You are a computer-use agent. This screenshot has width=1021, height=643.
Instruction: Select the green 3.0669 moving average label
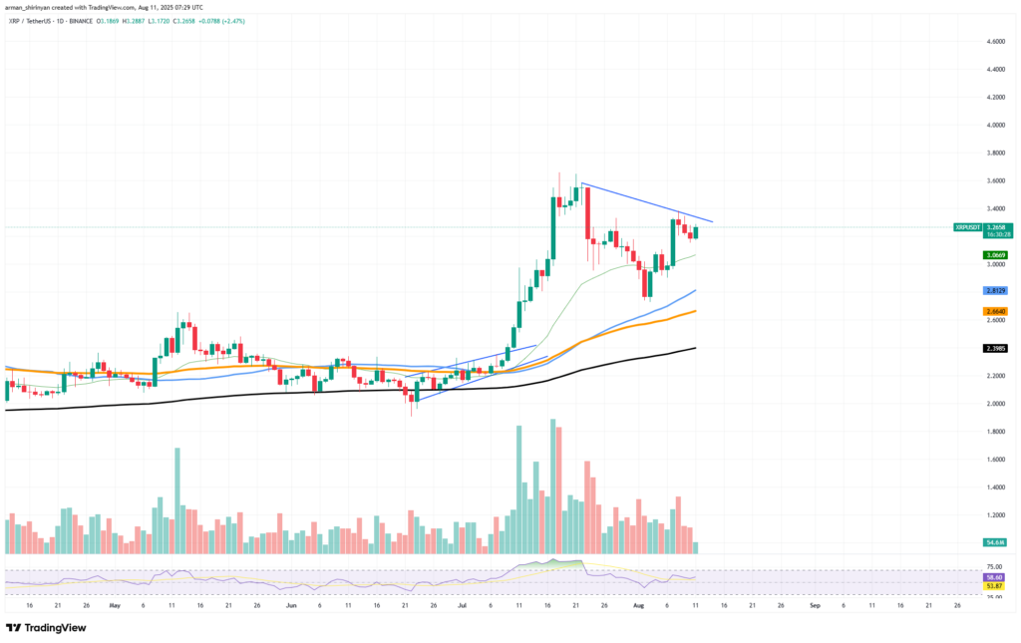(x=994, y=255)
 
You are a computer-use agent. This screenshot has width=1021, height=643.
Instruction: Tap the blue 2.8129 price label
(x=994, y=289)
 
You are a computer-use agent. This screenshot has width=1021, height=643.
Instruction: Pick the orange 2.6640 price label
(x=994, y=311)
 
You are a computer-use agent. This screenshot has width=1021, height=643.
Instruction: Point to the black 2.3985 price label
(x=994, y=348)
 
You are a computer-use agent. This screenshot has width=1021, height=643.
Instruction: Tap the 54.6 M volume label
(x=994, y=541)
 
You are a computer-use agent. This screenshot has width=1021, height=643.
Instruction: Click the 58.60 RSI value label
(x=994, y=577)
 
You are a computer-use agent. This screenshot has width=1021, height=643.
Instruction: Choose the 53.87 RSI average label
(x=994, y=586)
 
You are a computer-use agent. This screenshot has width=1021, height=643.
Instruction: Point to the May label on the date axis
(x=115, y=605)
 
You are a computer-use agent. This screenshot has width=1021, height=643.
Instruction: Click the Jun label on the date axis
(x=291, y=605)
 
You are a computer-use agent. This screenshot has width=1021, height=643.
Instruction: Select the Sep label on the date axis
(x=815, y=605)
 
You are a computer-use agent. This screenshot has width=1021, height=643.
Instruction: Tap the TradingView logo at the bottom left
(x=46, y=628)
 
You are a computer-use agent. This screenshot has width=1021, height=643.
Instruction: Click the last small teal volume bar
(x=695, y=548)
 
